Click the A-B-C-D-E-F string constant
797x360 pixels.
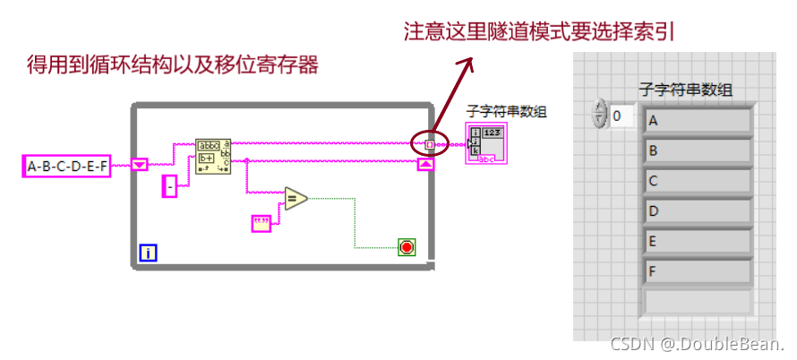coord(66,166)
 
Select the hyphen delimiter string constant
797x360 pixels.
coord(170,186)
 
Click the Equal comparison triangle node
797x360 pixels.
coord(296,199)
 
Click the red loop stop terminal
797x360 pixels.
coord(407,246)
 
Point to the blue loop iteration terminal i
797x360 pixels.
coord(148,253)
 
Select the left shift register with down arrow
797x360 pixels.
coord(139,165)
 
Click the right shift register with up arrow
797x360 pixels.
coord(425,164)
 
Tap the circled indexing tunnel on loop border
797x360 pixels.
coord(429,143)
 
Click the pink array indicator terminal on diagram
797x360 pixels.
coord(487,145)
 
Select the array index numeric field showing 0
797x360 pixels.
coord(623,116)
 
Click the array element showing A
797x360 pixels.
coord(698,120)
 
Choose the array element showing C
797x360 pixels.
coord(698,181)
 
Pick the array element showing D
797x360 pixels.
coord(698,211)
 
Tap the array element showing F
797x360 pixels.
coord(698,271)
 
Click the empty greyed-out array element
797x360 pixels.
coord(698,301)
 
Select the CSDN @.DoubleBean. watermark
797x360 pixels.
coord(698,345)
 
